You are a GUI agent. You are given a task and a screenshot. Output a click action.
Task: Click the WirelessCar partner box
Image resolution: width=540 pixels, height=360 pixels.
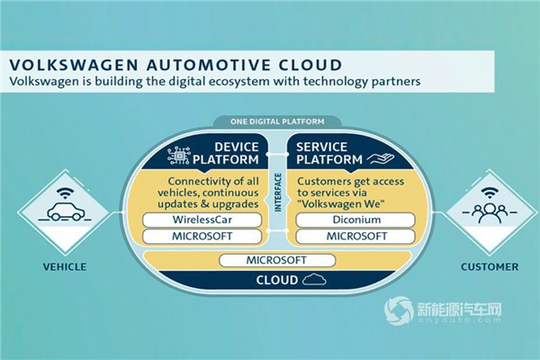[x=202, y=220]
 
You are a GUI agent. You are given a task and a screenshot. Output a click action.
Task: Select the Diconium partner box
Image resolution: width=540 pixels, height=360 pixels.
[x=355, y=220]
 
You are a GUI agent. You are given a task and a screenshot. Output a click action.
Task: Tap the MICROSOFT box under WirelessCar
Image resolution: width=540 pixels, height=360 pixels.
[x=202, y=237]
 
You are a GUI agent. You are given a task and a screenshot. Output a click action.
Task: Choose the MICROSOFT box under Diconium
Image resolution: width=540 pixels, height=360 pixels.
[x=355, y=237]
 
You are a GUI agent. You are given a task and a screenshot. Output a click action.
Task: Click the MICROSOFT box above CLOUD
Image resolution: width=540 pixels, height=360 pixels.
[x=277, y=260]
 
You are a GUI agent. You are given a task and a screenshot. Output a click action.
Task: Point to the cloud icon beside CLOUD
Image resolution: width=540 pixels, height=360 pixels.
[x=314, y=279]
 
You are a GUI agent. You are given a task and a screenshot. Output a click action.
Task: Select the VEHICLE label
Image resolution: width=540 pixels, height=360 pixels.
[x=65, y=267]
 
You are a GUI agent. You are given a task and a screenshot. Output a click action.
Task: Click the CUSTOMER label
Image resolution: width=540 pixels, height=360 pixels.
[x=490, y=267]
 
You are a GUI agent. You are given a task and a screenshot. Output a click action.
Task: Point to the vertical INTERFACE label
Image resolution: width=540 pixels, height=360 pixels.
[x=278, y=193]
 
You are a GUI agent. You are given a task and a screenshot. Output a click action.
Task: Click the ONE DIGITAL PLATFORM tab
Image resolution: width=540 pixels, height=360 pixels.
[x=277, y=121]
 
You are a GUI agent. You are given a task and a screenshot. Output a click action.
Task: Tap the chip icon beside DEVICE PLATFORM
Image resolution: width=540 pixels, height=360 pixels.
[x=179, y=156]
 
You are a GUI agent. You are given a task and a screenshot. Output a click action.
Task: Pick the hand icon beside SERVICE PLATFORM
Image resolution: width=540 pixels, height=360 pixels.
[x=380, y=158]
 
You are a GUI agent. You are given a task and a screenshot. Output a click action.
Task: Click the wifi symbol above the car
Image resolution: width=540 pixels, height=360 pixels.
[x=65, y=193]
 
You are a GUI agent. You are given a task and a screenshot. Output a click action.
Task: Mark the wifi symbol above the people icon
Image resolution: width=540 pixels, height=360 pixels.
[x=489, y=193]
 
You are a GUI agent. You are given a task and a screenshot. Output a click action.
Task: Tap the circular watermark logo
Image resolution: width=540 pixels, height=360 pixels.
[x=399, y=311]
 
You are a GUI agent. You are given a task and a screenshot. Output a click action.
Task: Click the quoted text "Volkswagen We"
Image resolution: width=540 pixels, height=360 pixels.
[x=342, y=203]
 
